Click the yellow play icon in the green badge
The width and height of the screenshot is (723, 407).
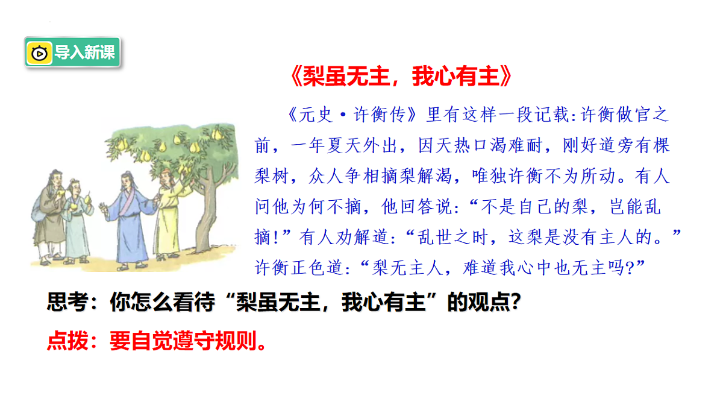40,53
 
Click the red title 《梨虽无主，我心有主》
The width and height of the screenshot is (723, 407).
401,77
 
